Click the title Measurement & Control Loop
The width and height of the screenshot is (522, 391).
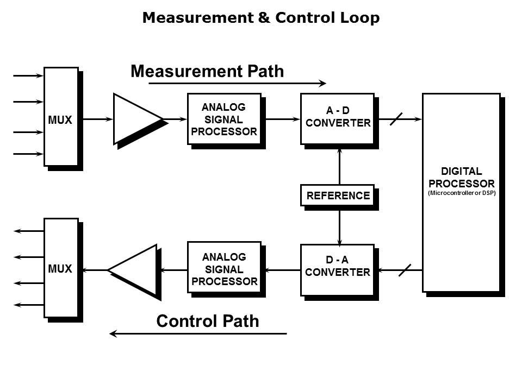coord(260,18)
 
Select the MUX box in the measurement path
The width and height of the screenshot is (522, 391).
coord(60,116)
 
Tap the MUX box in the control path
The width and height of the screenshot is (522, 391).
coord(60,268)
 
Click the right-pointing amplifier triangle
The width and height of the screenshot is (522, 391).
coord(135,119)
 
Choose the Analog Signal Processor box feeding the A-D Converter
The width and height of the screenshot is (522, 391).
coord(224,119)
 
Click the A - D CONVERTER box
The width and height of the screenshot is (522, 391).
coord(337,118)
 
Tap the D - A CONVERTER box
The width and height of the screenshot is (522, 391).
coord(337,269)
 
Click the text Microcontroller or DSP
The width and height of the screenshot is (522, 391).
coord(462,193)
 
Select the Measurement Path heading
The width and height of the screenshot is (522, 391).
coord(207,71)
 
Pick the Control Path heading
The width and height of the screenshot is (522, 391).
coord(207,321)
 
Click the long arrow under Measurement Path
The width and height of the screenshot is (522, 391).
coord(237,84)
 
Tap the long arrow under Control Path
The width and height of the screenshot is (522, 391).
coord(198,333)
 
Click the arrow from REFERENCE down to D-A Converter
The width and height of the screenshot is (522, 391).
coord(339,225)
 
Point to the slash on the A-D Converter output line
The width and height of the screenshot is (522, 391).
coord(397,118)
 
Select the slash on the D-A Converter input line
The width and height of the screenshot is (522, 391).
coord(405,269)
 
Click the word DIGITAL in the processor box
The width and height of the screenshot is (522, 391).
coord(461,172)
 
